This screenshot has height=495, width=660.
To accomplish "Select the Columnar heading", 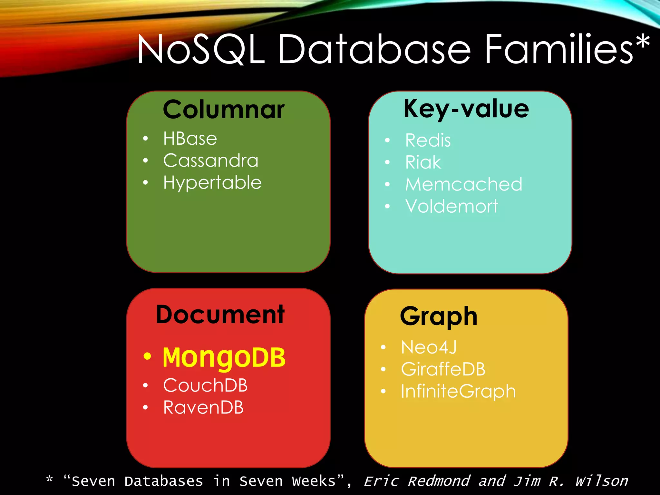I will click(x=224, y=110).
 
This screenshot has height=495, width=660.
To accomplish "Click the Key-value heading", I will click(x=466, y=109).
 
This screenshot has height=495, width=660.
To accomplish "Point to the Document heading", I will click(x=220, y=315).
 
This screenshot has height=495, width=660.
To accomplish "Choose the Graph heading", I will click(x=438, y=316).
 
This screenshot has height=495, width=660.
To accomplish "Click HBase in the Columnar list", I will click(x=190, y=139).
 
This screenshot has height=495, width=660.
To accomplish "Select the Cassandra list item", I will click(x=211, y=160).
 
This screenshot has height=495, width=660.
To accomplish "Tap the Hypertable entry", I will click(x=212, y=183).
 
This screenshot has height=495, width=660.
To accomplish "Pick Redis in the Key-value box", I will click(x=428, y=140).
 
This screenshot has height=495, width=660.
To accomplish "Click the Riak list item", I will click(x=423, y=162).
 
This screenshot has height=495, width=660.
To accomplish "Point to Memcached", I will click(x=464, y=184).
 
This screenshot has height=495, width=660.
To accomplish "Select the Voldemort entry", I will click(x=451, y=206).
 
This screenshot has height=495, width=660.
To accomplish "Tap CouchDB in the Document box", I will click(x=205, y=385).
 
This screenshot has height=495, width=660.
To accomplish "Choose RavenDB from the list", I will click(x=203, y=407).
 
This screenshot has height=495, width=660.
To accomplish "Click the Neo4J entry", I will click(x=429, y=347).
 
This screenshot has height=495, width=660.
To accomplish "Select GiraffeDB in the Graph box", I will click(x=443, y=369).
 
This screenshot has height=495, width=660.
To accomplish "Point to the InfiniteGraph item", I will click(x=458, y=391).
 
